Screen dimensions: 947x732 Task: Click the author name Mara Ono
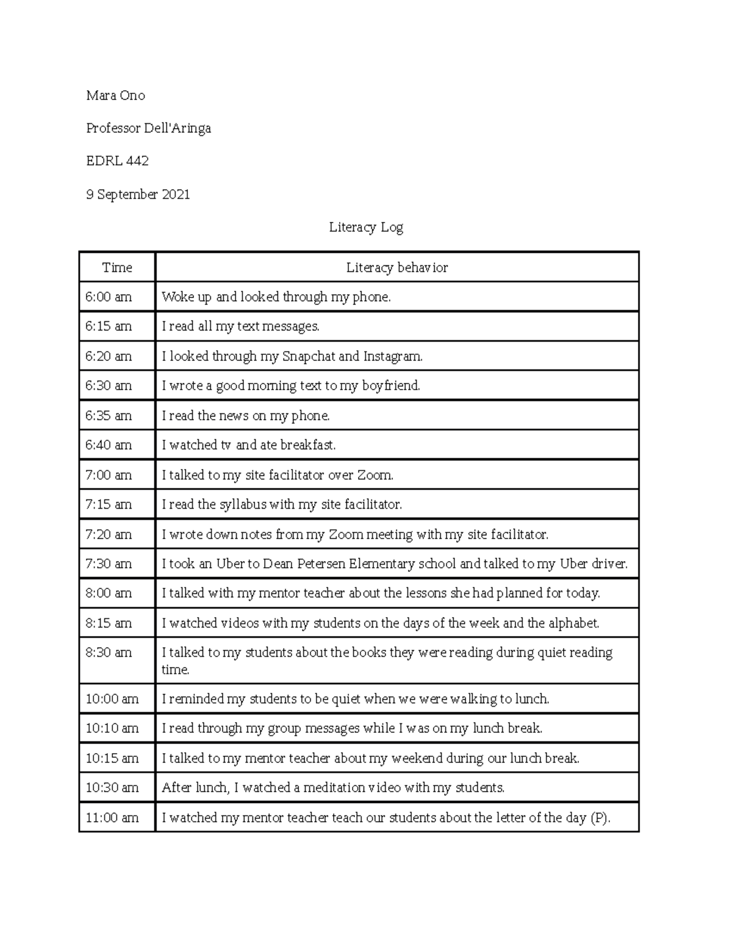(115, 95)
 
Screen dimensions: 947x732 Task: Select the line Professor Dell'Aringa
(148, 128)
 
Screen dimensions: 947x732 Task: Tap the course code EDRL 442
(117, 161)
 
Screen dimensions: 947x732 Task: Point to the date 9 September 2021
(138, 195)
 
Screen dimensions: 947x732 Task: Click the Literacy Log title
(366, 227)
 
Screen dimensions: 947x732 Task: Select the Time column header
(117, 267)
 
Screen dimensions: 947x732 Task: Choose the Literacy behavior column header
(396, 267)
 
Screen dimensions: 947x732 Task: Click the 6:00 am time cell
(109, 297)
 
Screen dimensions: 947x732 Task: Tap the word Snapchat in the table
(309, 356)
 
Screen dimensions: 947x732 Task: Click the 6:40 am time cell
(109, 445)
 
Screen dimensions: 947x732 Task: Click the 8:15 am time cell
(109, 623)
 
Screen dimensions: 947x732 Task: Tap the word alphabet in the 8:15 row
(573, 623)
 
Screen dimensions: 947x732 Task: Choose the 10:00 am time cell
(112, 699)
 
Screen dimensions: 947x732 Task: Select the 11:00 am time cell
(112, 818)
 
